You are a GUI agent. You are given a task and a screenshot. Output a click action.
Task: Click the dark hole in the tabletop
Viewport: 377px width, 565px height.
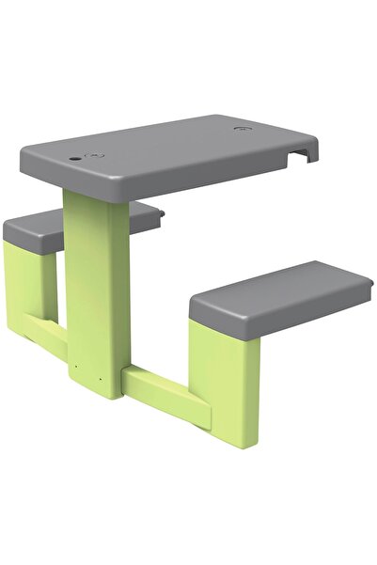coord(74,160)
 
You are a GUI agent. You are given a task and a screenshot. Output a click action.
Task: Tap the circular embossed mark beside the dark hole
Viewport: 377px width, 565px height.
coord(91,155)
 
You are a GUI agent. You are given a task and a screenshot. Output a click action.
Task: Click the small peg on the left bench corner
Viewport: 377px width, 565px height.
coord(161,214)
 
